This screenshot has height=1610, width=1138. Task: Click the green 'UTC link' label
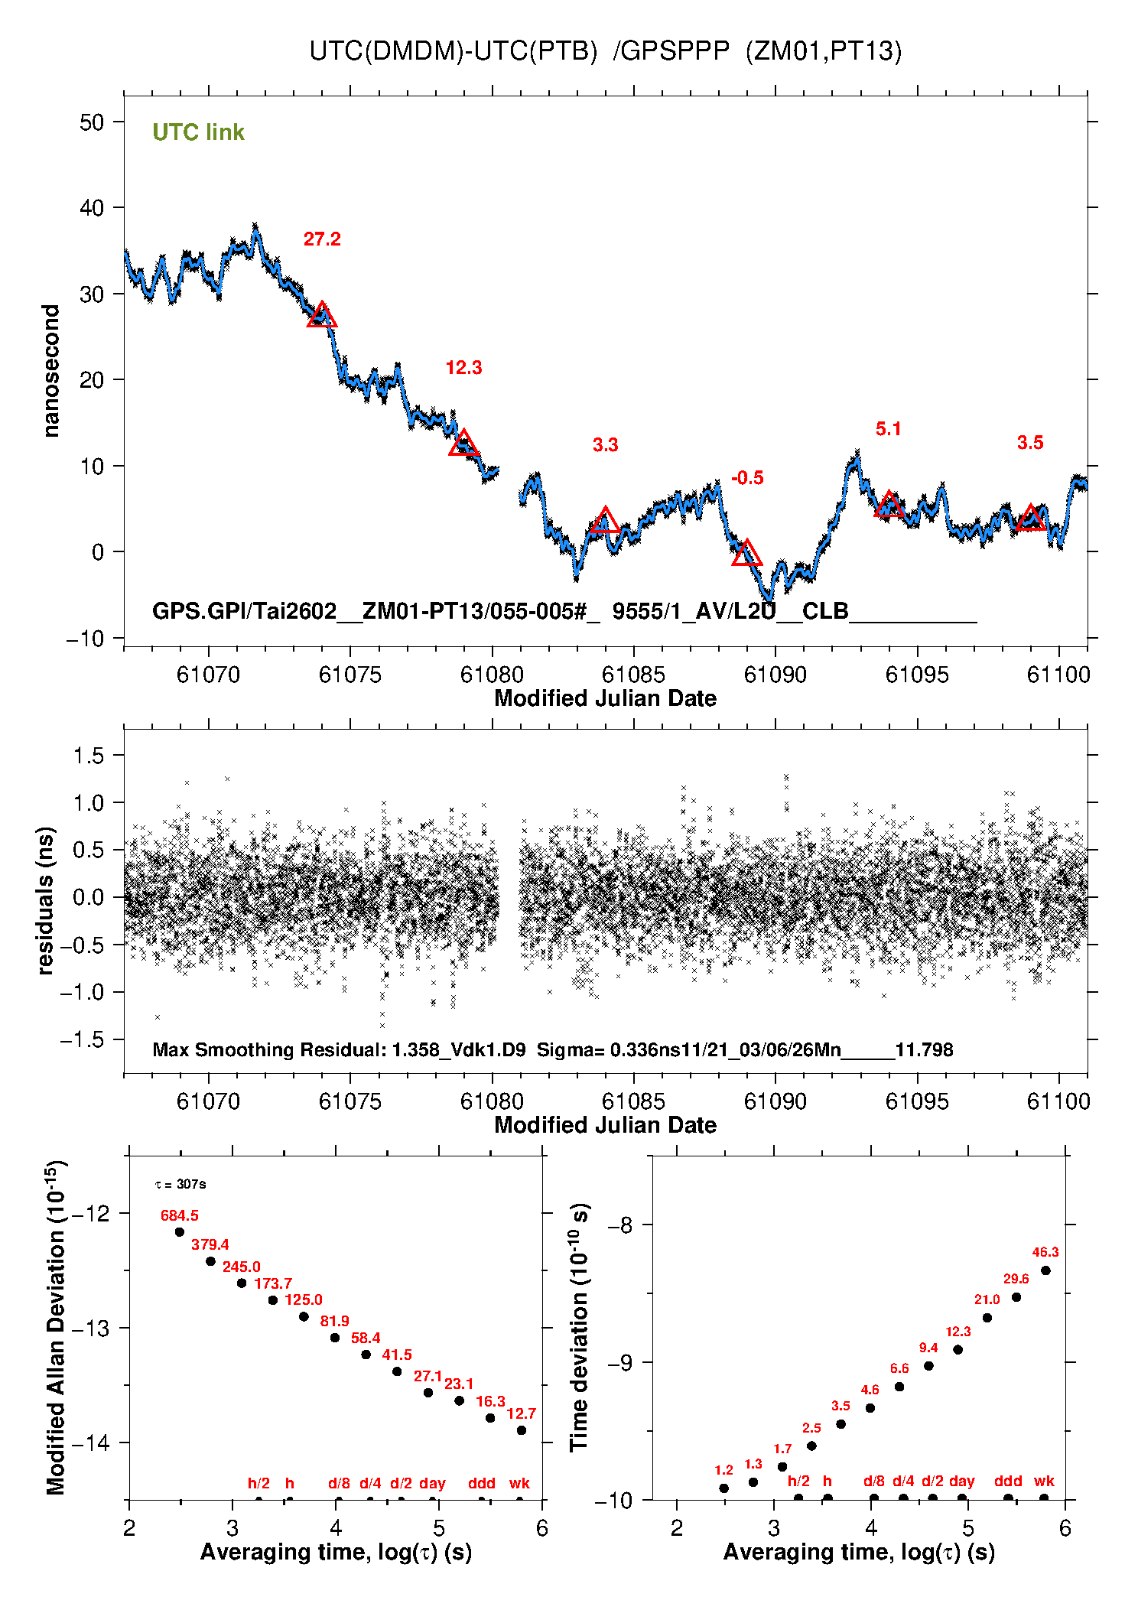tap(198, 132)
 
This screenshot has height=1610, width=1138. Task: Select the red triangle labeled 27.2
tap(322, 314)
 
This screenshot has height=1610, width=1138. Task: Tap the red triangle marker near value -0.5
tap(746, 552)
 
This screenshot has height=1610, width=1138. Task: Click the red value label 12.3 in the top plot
tap(463, 368)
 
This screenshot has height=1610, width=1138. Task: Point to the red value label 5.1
tap(888, 429)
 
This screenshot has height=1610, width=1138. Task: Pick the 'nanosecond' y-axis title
tap(51, 371)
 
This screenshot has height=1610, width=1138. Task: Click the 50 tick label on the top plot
tap(92, 122)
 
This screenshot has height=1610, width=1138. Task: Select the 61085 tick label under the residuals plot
tap(633, 1101)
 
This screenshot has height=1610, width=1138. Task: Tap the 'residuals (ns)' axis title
tap(46, 900)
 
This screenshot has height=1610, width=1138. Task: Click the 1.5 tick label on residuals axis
tap(88, 756)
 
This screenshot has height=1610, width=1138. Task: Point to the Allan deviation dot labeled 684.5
tap(180, 1232)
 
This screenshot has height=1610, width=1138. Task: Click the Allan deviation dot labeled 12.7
tap(522, 1430)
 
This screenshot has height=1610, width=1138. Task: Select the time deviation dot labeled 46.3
tap(1045, 1270)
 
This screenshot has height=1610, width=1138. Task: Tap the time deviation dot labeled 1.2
tap(723, 1488)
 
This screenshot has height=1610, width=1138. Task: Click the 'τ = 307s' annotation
tap(180, 1185)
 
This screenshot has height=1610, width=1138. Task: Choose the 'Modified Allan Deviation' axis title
tap(55, 1328)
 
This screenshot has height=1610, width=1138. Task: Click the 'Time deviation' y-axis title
tap(579, 1328)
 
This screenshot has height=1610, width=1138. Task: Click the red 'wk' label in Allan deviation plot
tap(519, 1484)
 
